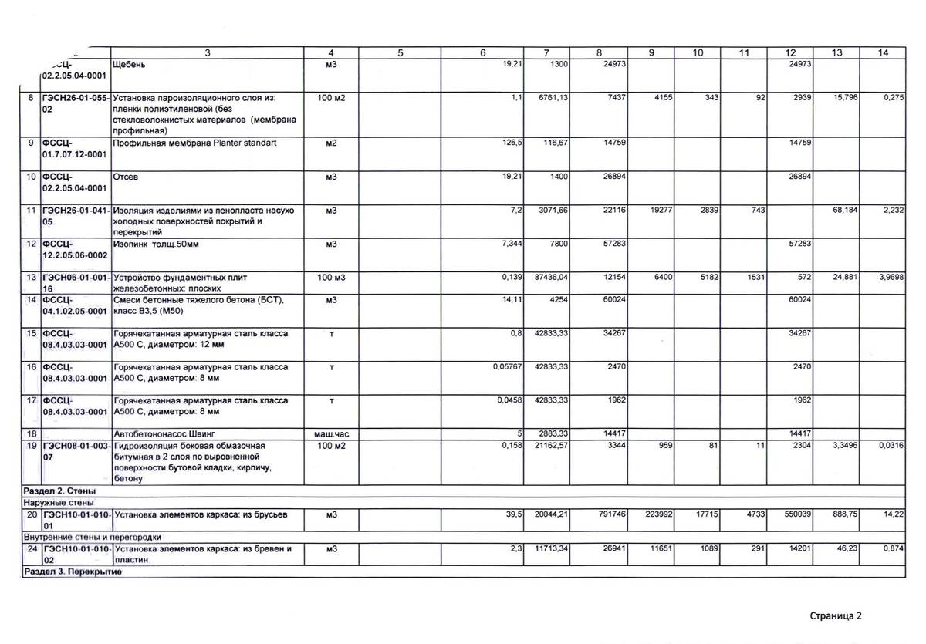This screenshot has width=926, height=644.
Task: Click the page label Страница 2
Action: pos(835,615)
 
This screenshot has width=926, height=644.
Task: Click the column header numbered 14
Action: pos(884,52)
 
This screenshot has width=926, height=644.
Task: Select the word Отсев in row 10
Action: pos(125,177)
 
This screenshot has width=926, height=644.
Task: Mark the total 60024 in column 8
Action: pos(613,299)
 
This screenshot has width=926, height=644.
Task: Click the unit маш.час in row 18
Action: pos(331,433)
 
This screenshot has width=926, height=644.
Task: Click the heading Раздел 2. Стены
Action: pos(59,491)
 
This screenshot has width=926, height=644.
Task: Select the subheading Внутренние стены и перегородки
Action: pos(93,537)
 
